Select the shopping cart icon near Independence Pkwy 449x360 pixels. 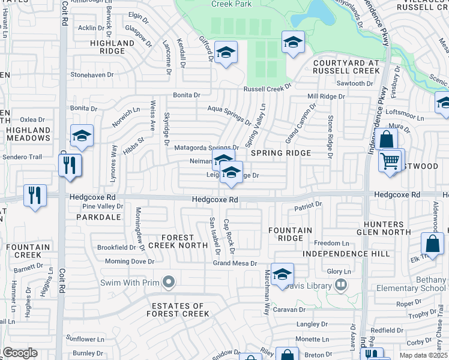click(391, 161)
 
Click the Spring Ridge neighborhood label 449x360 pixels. click(281, 153)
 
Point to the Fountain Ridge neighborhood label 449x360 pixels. click(290, 234)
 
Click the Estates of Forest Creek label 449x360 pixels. click(178, 310)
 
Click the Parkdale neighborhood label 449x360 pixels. click(99, 217)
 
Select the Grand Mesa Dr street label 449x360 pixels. click(235, 263)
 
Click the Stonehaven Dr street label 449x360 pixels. click(92, 74)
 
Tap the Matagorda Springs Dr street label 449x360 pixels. click(206, 148)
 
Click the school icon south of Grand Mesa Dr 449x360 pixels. click(282, 275)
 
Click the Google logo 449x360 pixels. click(20, 353)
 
